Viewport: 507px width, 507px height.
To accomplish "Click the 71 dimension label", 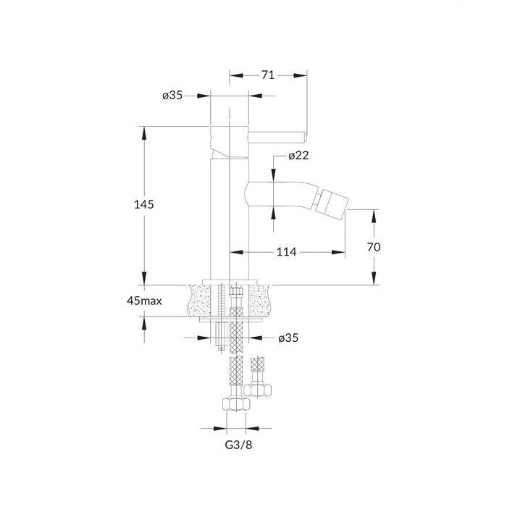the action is (x=268, y=75).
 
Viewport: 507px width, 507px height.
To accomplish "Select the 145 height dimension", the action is (x=144, y=204).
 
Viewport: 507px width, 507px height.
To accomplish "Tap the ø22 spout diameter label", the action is (x=298, y=156).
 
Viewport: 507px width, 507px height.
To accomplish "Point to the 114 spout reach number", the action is (x=287, y=252).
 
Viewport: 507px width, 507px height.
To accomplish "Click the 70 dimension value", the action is (x=374, y=247).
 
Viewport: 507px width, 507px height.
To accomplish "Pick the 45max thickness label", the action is (x=144, y=301).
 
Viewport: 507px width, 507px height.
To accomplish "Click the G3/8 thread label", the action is (x=238, y=445).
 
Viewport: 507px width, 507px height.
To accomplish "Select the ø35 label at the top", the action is (x=172, y=96).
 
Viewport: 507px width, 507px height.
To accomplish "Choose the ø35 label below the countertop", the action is (x=288, y=338).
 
